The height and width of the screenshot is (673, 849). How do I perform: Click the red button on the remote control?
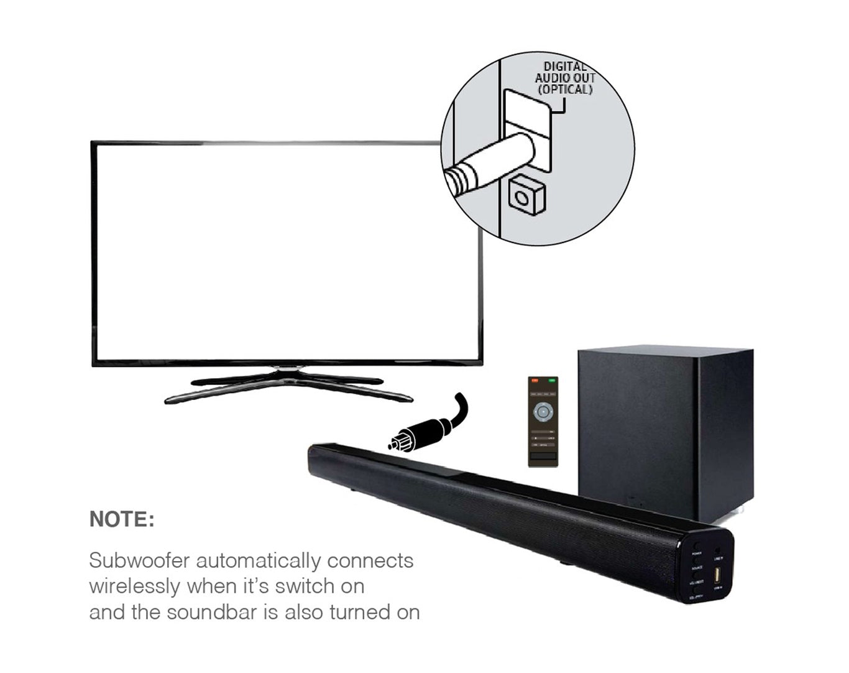pos(534,380)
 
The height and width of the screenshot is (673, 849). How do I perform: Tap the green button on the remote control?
pos(551,380)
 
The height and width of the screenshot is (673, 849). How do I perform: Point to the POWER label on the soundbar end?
pos(697,553)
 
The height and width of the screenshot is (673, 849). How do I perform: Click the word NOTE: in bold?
pos(122,519)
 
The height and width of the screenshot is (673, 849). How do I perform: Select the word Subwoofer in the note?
pos(139,560)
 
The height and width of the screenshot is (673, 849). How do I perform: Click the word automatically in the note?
pos(259,560)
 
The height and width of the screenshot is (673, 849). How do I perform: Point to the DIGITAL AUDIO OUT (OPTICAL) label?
pos(565,78)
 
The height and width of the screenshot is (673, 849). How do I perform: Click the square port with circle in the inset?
pos(525,197)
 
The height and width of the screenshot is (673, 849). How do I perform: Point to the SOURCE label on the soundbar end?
pos(697,568)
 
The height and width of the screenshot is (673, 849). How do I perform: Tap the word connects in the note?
pos(370,560)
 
